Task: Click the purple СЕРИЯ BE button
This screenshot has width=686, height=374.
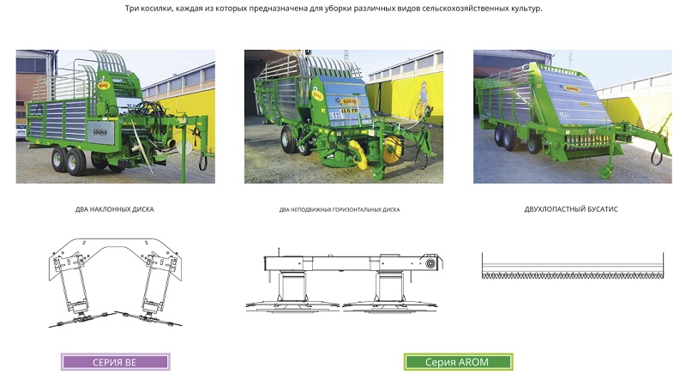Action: (x=115, y=362)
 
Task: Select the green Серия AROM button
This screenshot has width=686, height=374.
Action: (x=458, y=362)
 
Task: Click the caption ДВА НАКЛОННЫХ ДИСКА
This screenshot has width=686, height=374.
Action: (x=115, y=208)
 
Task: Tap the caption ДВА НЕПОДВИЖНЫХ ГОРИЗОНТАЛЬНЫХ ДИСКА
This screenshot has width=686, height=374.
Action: (x=339, y=209)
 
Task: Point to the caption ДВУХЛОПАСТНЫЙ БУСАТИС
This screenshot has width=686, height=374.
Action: (x=571, y=208)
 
